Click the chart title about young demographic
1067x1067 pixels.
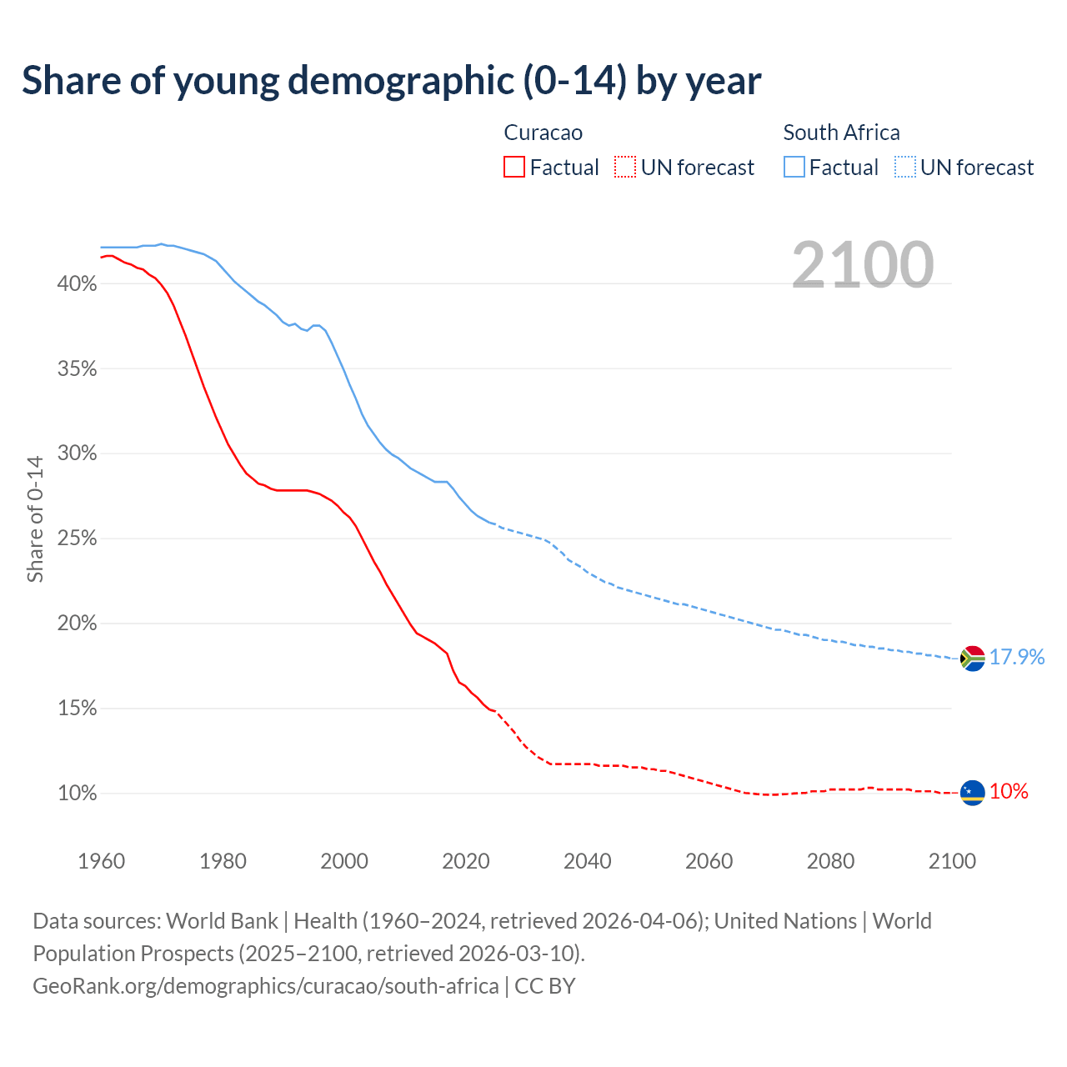[391, 81]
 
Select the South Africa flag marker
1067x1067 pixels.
[972, 659]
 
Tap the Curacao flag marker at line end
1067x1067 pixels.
[972, 793]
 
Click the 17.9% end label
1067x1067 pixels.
[1017, 657]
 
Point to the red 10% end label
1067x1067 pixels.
[1009, 792]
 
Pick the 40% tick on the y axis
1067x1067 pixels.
[77, 284]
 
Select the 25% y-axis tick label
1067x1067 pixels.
[77, 539]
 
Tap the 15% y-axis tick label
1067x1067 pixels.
[77, 709]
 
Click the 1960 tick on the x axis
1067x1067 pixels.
[101, 861]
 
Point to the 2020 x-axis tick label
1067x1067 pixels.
[465, 861]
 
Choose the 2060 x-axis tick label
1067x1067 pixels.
[709, 861]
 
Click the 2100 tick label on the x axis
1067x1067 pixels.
[952, 861]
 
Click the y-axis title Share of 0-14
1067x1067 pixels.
[35, 518]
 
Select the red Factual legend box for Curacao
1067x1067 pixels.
[514, 168]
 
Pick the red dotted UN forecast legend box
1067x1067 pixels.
[625, 168]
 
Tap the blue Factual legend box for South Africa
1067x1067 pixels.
[794, 168]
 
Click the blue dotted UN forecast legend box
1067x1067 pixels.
[904, 168]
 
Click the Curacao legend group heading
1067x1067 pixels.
[544, 133]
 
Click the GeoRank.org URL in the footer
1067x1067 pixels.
[266, 986]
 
